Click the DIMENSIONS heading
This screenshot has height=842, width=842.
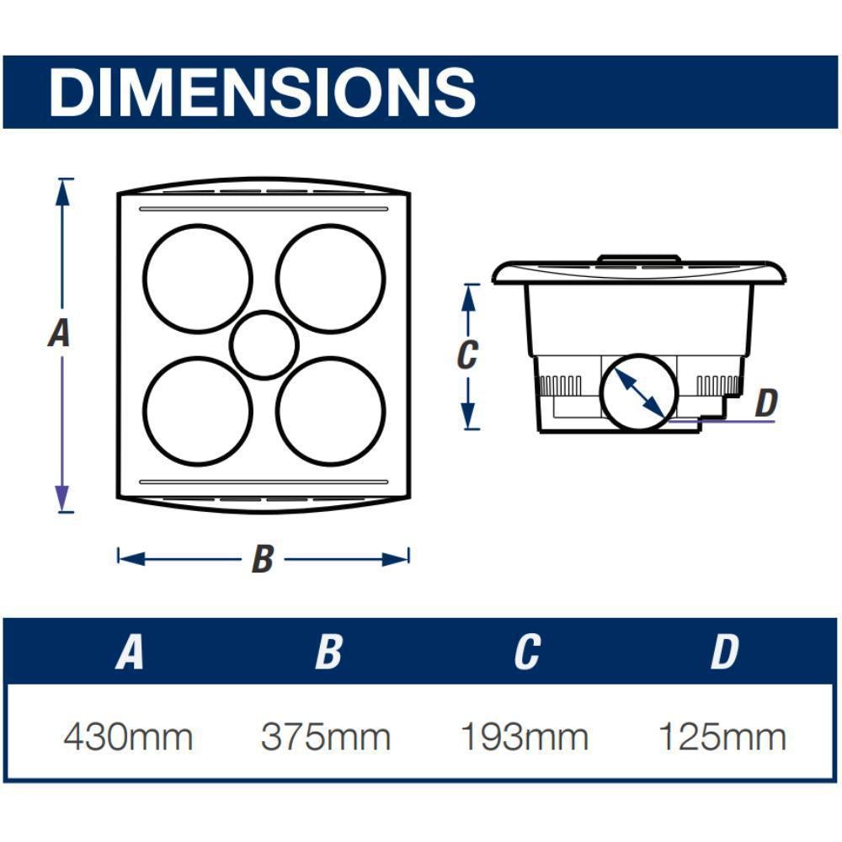click(x=262, y=92)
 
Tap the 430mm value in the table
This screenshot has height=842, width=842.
click(x=128, y=737)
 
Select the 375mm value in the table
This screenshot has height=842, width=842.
click(x=325, y=737)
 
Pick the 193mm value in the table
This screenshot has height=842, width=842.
click(x=525, y=737)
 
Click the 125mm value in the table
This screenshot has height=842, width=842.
click(x=722, y=737)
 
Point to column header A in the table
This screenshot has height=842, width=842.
click(x=130, y=652)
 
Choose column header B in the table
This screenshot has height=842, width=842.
click(x=328, y=652)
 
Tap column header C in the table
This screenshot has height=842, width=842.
click(x=527, y=652)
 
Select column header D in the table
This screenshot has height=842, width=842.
click(x=724, y=652)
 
